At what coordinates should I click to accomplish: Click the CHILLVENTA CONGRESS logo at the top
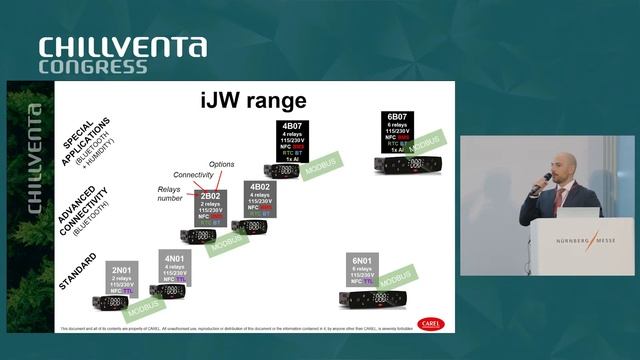[122, 56]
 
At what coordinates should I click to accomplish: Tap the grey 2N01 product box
[121, 277]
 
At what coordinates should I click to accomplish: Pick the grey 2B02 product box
[210, 208]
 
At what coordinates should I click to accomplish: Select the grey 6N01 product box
[362, 271]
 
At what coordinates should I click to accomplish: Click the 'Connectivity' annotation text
[194, 174]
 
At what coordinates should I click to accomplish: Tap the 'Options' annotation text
[222, 163]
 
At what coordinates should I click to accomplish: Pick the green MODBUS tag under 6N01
[396, 276]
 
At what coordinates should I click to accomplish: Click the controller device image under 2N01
[110, 302]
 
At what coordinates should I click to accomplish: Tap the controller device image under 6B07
[402, 163]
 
